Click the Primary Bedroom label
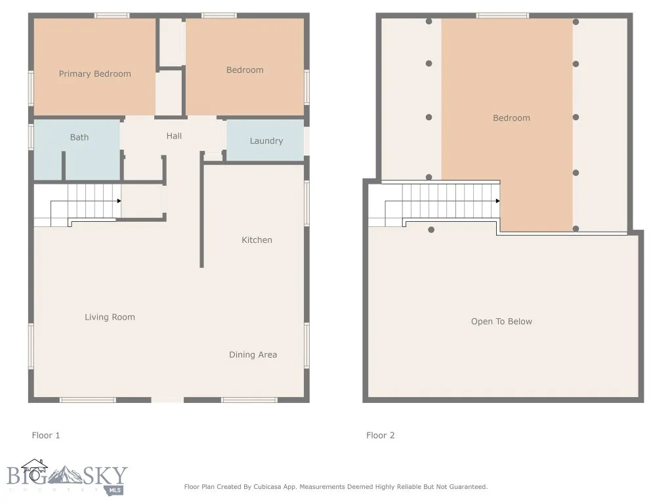[x=95, y=74]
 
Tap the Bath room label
[x=79, y=137]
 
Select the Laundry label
[x=266, y=141]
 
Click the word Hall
[x=174, y=136]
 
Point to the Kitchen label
[x=257, y=240]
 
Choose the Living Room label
[x=110, y=317]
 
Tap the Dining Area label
[x=253, y=355]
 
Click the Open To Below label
[x=501, y=322]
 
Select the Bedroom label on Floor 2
[x=511, y=118]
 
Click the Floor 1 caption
[x=46, y=435]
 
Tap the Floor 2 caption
[x=381, y=435]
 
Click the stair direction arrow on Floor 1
[x=119, y=201]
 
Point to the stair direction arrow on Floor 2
[x=497, y=201]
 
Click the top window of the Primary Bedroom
[x=112, y=15]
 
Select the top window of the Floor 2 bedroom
[x=502, y=15]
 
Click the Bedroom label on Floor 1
[x=245, y=70]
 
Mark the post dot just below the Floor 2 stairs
[x=431, y=230]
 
